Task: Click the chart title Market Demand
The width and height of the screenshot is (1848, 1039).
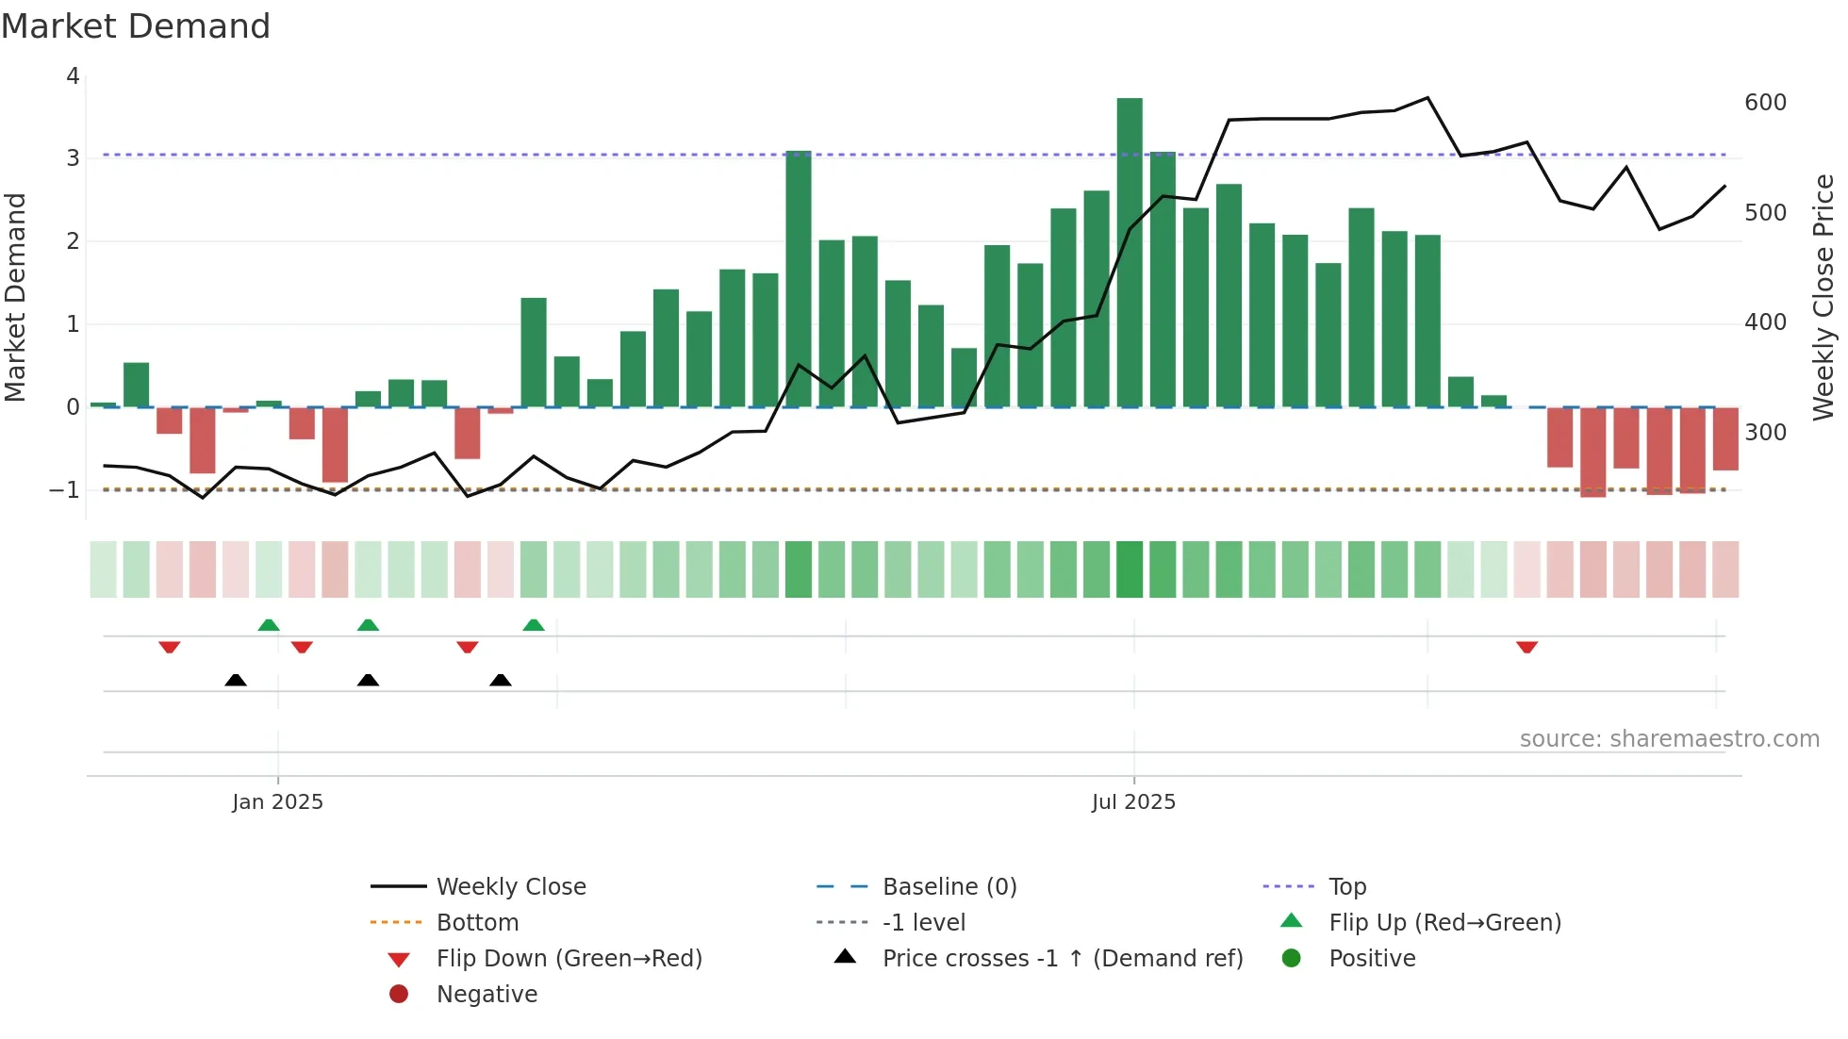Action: pyautogui.click(x=136, y=26)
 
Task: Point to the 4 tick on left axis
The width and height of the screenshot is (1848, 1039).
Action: pyautogui.click(x=73, y=76)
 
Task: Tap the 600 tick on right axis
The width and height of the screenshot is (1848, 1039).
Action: pyautogui.click(x=1765, y=103)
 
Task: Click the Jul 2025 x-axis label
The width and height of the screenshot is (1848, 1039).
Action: pyautogui.click(x=1133, y=802)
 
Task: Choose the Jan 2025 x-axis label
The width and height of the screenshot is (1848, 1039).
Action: pyautogui.click(x=277, y=802)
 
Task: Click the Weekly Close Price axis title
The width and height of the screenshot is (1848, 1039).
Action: pyautogui.click(x=1823, y=297)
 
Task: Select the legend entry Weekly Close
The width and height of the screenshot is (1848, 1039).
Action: pyautogui.click(x=510, y=887)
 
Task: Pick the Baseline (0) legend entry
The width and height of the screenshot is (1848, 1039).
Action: pyautogui.click(x=949, y=887)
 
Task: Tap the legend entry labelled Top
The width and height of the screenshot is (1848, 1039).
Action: pyautogui.click(x=1346, y=887)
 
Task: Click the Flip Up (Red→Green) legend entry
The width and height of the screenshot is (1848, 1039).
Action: pyautogui.click(x=1444, y=923)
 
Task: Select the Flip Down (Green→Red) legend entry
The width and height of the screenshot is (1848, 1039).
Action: pyautogui.click(x=569, y=959)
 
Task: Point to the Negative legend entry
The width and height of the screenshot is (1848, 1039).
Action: pyautogui.click(x=487, y=995)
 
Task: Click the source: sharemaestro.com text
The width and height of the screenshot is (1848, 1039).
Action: pyautogui.click(x=1669, y=739)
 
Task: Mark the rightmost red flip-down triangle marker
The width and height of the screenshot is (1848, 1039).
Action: pyautogui.click(x=1526, y=647)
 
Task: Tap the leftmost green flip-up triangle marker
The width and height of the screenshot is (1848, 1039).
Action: pyautogui.click(x=269, y=625)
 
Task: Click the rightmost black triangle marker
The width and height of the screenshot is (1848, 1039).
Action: pyautogui.click(x=501, y=680)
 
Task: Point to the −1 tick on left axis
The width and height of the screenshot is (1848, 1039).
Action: pyautogui.click(x=64, y=490)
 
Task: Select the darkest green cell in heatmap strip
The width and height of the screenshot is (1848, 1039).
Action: pyautogui.click(x=1130, y=569)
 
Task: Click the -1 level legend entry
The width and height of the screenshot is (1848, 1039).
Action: pyautogui.click(x=923, y=923)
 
